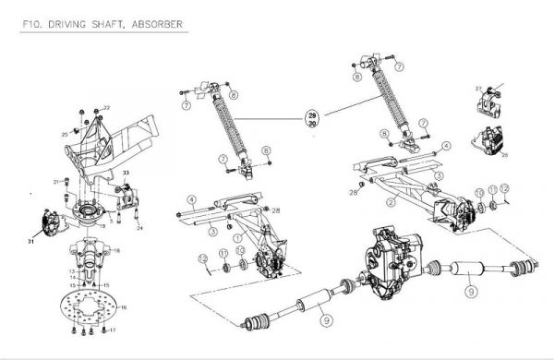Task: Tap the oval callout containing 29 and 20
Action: pos(312,119)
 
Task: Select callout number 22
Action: pos(106,109)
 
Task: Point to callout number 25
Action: pos(65,135)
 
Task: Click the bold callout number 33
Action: pos(126,174)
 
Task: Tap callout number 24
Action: pos(139,229)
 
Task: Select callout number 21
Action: pos(56,181)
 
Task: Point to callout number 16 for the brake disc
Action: pos(124,306)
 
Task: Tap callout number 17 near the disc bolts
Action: pos(113,330)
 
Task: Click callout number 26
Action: pos(503,155)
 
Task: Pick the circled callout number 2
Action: pos(391,201)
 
